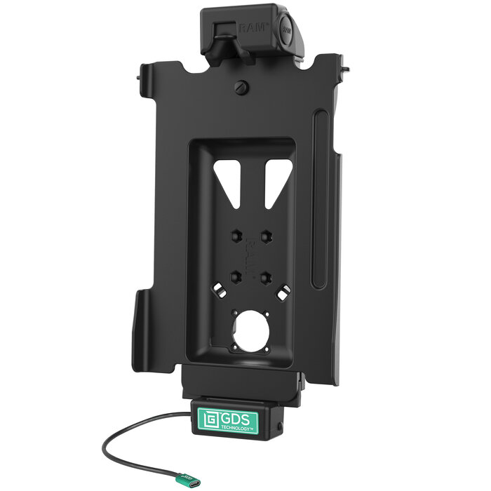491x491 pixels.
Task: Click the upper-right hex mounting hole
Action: coord(267,236)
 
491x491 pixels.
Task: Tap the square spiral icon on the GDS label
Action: coord(209,422)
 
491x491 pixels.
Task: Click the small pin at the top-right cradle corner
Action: coord(347,69)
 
